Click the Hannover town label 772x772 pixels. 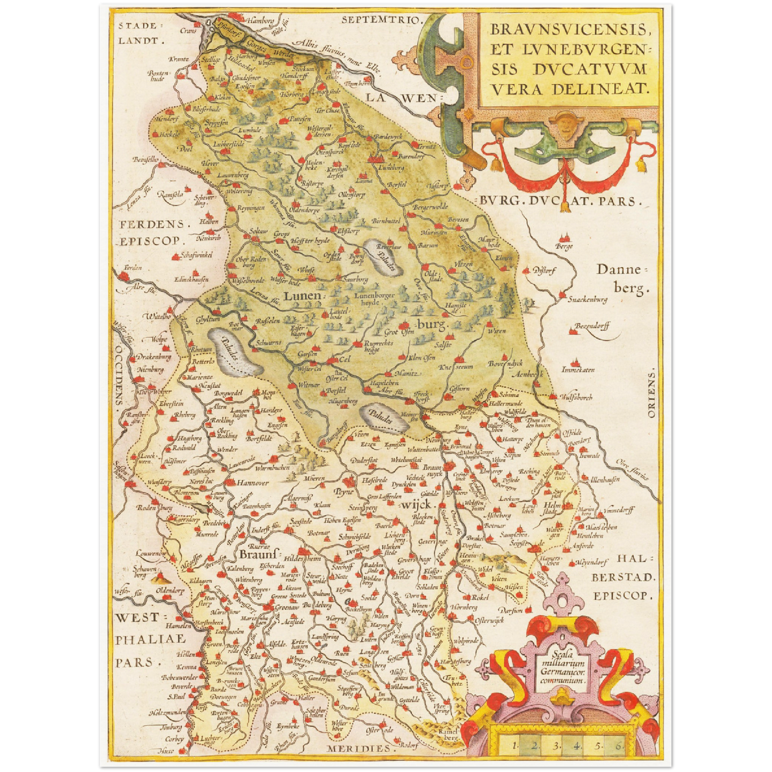253,483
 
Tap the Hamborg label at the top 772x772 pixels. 261,21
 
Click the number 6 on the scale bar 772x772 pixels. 618,745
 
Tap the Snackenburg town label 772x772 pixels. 588,300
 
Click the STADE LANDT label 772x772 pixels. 137,33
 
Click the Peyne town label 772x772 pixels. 345,492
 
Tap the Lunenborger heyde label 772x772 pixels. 374,299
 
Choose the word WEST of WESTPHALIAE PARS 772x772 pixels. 137,618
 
